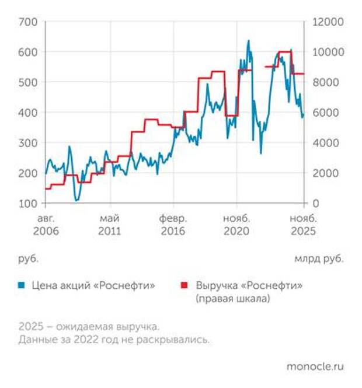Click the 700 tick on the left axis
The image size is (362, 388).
[29, 22]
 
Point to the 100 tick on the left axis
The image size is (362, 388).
[29, 203]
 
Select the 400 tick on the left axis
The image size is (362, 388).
[29, 112]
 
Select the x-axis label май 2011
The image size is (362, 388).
[110, 225]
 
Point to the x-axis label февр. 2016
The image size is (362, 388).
[173, 225]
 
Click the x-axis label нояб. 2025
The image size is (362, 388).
[302, 225]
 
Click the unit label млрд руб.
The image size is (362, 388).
[319, 257]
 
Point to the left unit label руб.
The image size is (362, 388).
[28, 257]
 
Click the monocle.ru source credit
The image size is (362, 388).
[315, 366]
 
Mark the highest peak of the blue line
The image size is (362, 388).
[248, 41]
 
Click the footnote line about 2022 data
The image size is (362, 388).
[113, 339]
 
